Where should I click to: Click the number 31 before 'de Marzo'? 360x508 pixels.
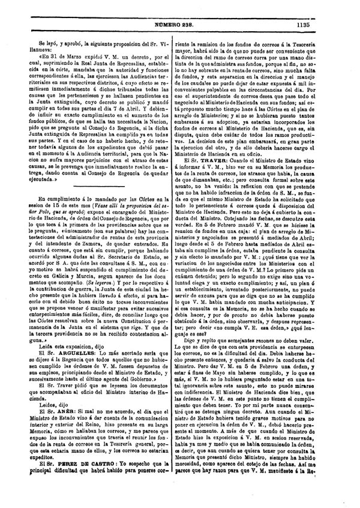click(x=60, y=52)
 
